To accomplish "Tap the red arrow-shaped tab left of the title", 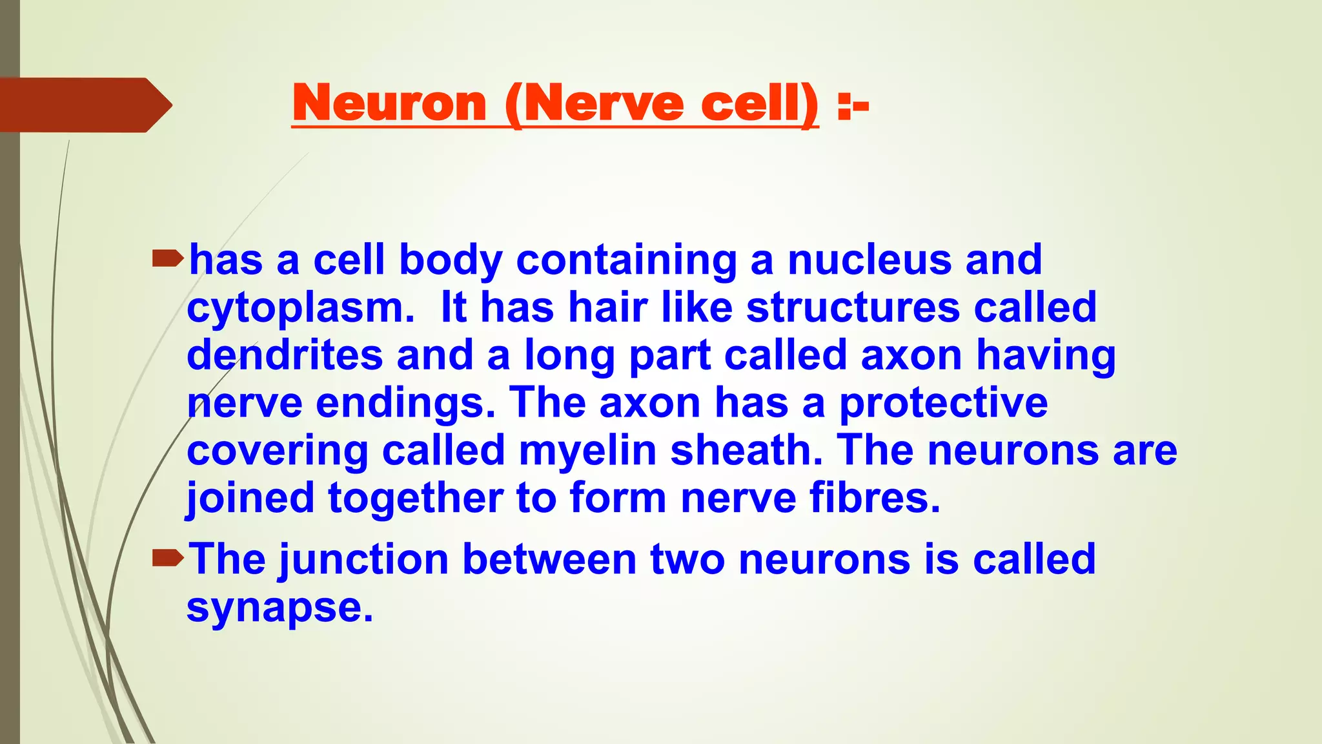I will point(84,105).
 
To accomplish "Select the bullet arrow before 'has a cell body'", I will point(168,260).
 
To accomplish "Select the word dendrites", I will point(285,355).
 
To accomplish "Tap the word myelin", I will point(587,450).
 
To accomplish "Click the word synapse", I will point(280,608).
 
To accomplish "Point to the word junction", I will point(363,559).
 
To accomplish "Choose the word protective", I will point(943,404).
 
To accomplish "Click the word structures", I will point(853,307).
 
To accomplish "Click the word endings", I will point(405,404).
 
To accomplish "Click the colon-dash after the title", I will point(853,105).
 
